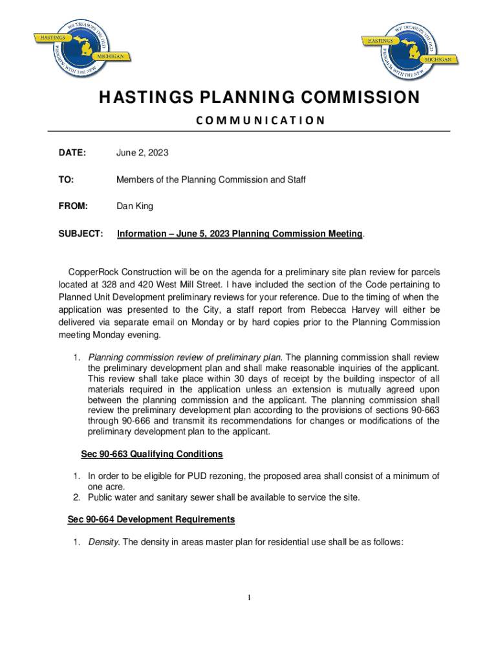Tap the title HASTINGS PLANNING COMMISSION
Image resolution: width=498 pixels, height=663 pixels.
tap(259, 98)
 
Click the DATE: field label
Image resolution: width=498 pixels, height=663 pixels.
tap(72, 153)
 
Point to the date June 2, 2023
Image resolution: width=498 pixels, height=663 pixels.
tap(142, 153)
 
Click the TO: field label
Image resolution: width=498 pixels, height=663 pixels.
tap(66, 179)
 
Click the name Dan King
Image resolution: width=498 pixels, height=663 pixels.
tap(135, 206)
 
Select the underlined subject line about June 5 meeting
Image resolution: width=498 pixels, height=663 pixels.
tap(239, 233)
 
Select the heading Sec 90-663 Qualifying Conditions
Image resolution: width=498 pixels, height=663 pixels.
tap(152, 454)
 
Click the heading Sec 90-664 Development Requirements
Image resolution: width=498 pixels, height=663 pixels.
tap(151, 519)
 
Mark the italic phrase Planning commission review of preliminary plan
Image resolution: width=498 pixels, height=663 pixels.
tap(185, 357)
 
